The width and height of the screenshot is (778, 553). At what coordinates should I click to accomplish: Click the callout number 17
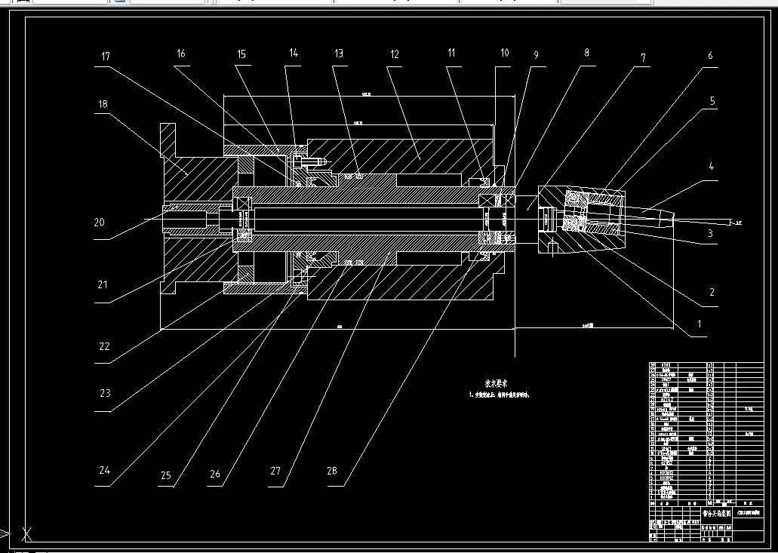106,57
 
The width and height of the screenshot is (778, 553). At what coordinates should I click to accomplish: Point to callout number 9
536,55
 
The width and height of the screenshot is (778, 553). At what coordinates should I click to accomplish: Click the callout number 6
709,56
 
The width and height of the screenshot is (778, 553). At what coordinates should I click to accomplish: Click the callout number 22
104,346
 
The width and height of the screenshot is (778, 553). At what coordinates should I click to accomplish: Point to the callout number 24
105,470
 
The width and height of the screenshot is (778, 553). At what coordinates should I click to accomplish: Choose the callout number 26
215,474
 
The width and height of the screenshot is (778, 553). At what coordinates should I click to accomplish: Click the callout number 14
294,53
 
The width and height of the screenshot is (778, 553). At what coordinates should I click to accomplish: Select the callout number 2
711,293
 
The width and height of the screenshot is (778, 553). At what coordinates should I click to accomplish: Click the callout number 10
504,53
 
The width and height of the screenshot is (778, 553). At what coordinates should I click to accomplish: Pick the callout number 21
103,284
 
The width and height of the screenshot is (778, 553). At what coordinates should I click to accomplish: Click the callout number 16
180,54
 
